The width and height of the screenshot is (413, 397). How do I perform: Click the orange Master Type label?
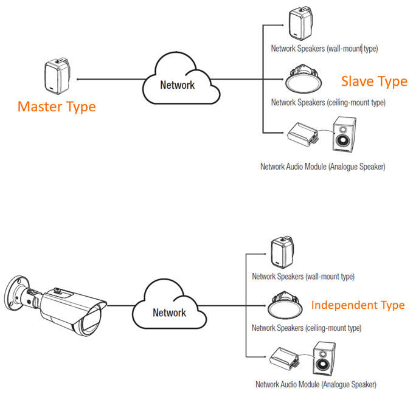point(57,107)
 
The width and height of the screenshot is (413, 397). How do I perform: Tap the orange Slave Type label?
point(374,81)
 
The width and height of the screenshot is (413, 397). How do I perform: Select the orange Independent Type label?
point(358,305)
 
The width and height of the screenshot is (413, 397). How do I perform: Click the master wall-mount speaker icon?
point(57,76)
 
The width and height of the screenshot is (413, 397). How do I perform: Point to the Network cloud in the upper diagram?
point(181,78)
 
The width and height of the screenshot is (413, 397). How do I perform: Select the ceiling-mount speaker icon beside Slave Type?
point(303,78)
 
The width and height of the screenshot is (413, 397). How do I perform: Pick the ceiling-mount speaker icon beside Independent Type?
point(285,305)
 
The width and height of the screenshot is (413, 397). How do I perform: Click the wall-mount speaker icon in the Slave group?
point(300,24)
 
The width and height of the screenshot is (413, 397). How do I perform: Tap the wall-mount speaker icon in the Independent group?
point(282,252)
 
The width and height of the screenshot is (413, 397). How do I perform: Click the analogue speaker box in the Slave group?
point(344,134)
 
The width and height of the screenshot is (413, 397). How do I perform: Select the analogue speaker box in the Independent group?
point(324,359)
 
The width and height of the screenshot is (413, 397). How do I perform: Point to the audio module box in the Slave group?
point(302,134)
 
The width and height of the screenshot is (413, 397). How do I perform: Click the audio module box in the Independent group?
point(284,358)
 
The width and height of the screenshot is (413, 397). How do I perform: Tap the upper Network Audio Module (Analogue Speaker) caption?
point(322,167)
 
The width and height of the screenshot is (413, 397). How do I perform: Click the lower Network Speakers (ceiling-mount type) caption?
point(307,328)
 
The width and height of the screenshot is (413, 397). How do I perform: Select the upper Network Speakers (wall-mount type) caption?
point(325,49)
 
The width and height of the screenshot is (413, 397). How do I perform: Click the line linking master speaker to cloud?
point(111,79)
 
